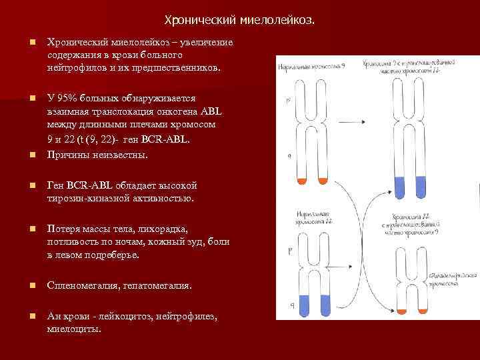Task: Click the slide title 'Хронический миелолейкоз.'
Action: [239, 21]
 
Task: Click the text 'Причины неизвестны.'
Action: [97, 155]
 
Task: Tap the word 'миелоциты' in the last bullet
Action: [74, 329]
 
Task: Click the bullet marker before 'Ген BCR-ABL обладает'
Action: [31, 185]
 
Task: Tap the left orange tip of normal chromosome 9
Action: [301, 181]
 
